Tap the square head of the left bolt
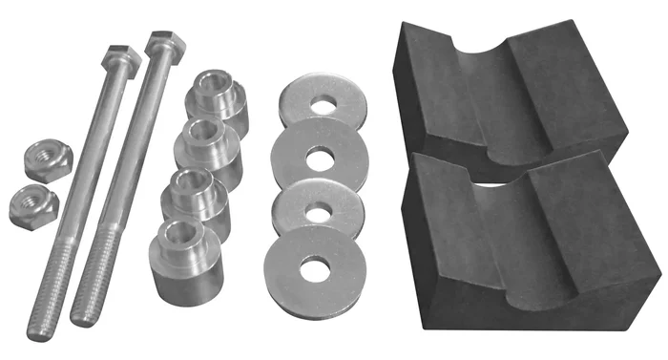[x=121, y=62]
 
